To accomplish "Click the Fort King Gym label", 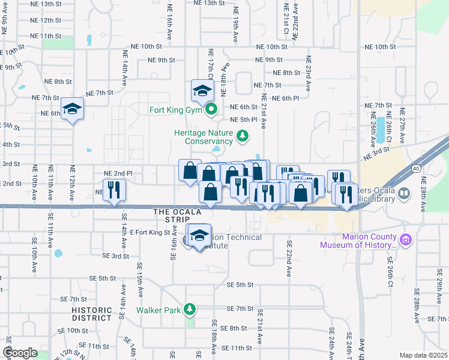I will (x=175, y=110).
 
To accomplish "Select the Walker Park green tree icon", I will (x=190, y=310).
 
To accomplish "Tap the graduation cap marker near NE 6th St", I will (x=72, y=109).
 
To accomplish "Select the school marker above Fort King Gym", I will (x=202, y=91).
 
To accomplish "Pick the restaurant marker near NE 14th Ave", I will (x=113, y=190).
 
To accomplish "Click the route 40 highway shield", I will (x=416, y=169).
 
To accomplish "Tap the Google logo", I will (x=20, y=353).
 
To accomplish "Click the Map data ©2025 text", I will (x=424, y=355).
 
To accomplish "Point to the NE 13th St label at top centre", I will (x=209, y=3).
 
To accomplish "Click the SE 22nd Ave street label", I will (x=289, y=258).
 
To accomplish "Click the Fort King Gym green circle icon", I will (x=211, y=110).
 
